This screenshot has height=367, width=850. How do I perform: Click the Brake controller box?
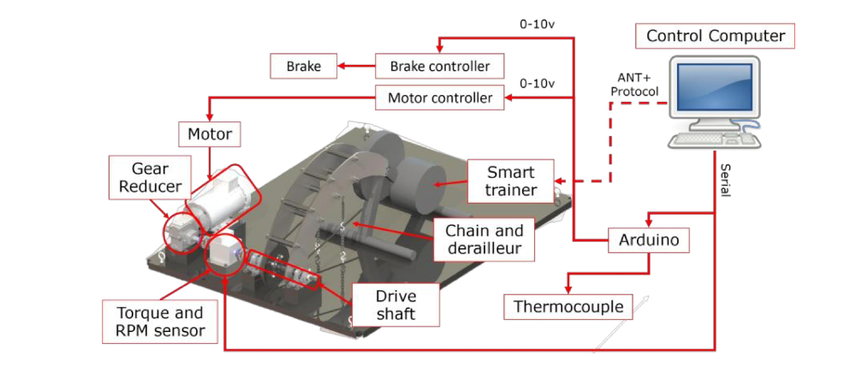click(x=439, y=65)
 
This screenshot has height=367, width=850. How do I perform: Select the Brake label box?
click(x=303, y=65)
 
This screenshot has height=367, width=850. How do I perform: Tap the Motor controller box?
click(x=440, y=98)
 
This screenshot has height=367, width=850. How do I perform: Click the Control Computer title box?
click(x=715, y=36)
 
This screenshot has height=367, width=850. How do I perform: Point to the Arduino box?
click(x=649, y=240)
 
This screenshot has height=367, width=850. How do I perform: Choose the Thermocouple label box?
click(x=568, y=305)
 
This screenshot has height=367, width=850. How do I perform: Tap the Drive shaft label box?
click(x=395, y=305)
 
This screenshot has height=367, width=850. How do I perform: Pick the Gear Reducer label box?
click(x=155, y=178)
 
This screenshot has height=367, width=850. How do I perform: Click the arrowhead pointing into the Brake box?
click(x=340, y=65)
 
